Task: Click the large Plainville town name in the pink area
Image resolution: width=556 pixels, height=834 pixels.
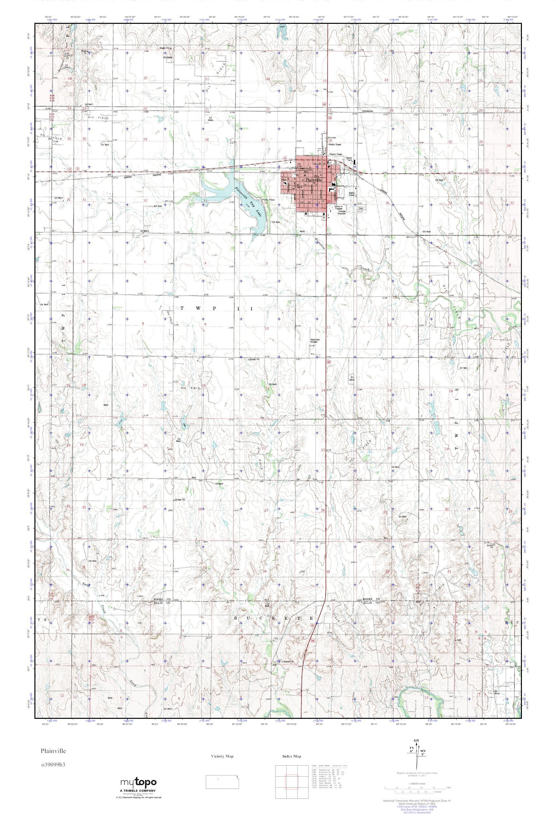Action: click(310, 180)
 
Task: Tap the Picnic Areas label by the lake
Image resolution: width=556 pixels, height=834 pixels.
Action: click(268, 199)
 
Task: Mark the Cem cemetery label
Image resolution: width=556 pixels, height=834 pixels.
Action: click(361, 209)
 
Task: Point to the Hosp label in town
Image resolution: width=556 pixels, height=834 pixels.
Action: click(283, 180)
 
